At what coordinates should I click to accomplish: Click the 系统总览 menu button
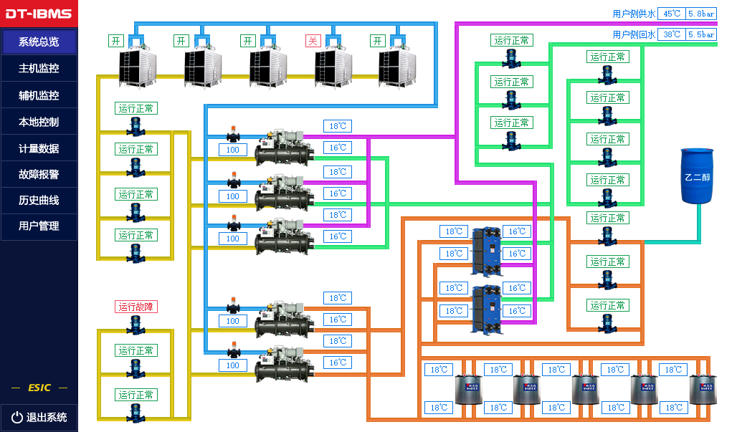point(39,42)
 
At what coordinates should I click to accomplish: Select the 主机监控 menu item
point(39,69)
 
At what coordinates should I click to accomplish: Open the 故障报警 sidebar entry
point(39,174)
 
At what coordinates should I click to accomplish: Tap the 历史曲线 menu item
point(39,200)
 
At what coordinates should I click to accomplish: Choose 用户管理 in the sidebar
point(39,226)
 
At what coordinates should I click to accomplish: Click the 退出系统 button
point(39,417)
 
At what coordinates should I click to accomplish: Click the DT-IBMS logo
point(39,14)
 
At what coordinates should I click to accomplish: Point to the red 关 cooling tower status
point(312,41)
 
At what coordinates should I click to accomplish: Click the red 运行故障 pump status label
point(135,307)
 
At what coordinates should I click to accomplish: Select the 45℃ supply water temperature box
point(671,14)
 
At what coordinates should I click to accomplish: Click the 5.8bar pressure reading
point(700,14)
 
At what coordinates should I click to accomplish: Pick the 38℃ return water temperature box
point(671,34)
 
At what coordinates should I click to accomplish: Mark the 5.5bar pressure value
point(700,34)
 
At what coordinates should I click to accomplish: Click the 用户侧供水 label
point(634,14)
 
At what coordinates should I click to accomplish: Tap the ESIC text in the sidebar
point(39,388)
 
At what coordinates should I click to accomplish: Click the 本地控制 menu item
point(39,122)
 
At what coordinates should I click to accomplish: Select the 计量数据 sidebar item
point(39,148)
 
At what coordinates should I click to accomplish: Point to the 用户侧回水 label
point(634,34)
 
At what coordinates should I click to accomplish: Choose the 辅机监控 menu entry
point(39,95)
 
